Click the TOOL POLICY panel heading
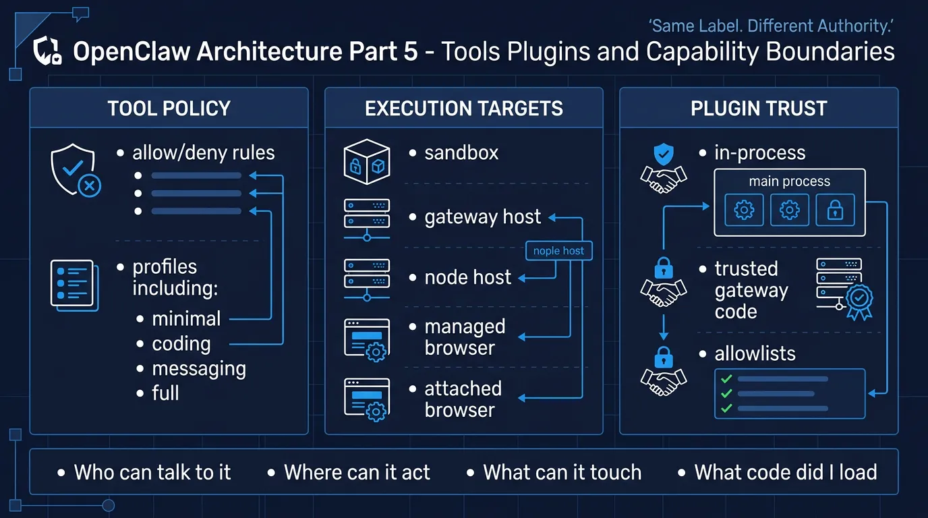[169, 109]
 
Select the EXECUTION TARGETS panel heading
[464, 109]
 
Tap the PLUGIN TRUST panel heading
[759, 109]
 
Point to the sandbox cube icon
[367, 162]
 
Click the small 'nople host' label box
[558, 251]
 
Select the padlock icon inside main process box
[835, 211]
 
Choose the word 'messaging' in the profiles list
[199, 369]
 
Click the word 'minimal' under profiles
[186, 318]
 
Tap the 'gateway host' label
[482, 217]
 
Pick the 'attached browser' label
[463, 399]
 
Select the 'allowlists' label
[755, 353]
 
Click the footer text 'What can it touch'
[562, 472]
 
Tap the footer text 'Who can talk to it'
[152, 472]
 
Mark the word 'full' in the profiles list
[165, 393]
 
